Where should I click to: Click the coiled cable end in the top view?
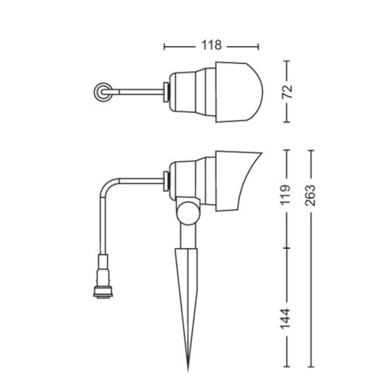point(100,92)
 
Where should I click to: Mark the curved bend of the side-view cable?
point(108,186)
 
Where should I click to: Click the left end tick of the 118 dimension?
point(165,46)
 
